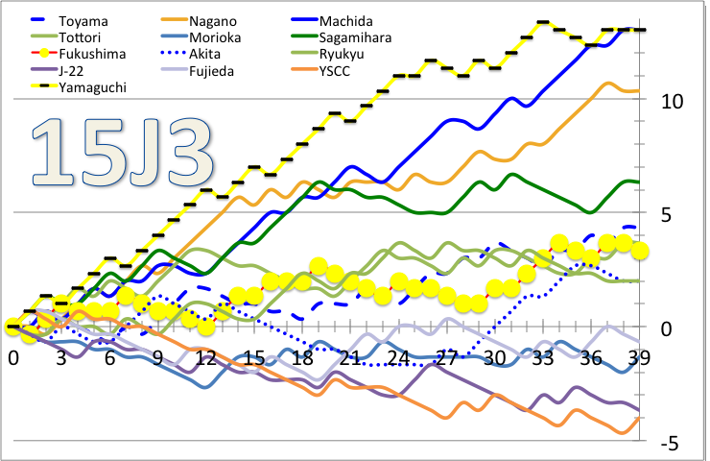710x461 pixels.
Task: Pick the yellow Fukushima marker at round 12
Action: [205, 328]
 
